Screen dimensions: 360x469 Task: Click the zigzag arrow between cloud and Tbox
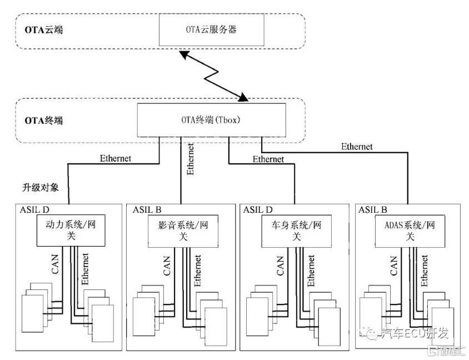pos(214,75)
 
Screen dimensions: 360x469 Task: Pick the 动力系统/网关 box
pos(71,231)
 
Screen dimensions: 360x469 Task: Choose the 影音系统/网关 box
pos(181,231)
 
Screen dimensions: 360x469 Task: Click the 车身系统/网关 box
pos(292,231)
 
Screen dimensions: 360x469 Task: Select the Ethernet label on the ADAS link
pos(357,147)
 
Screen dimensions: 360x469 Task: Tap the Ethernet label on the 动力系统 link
pos(116,158)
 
